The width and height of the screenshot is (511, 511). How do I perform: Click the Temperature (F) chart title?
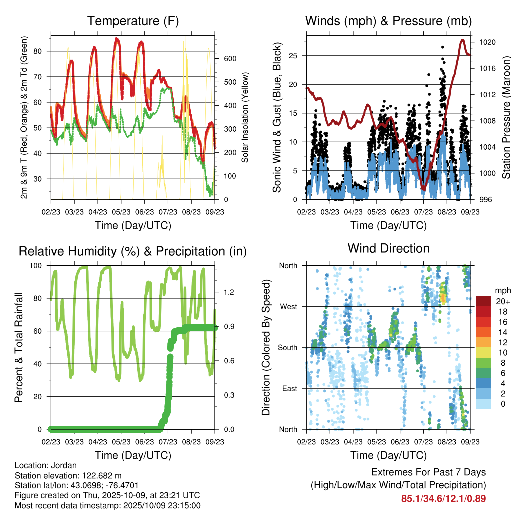(133, 21)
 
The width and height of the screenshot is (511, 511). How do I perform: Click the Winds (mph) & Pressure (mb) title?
(388, 21)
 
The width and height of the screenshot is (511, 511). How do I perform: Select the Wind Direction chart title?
(388, 248)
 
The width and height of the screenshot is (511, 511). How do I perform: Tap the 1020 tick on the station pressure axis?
(487, 43)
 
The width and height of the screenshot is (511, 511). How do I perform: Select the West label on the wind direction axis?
(288, 307)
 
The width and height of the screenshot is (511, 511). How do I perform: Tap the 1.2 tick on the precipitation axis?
(223, 293)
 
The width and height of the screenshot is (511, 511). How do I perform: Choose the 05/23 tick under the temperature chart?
(121, 211)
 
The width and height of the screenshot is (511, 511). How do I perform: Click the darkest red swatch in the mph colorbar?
(483, 301)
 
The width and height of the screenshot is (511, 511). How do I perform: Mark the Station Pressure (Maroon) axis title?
(506, 117)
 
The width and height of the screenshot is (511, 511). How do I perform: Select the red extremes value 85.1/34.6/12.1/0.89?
(443, 498)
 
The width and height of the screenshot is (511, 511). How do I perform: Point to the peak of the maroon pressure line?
(462, 40)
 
